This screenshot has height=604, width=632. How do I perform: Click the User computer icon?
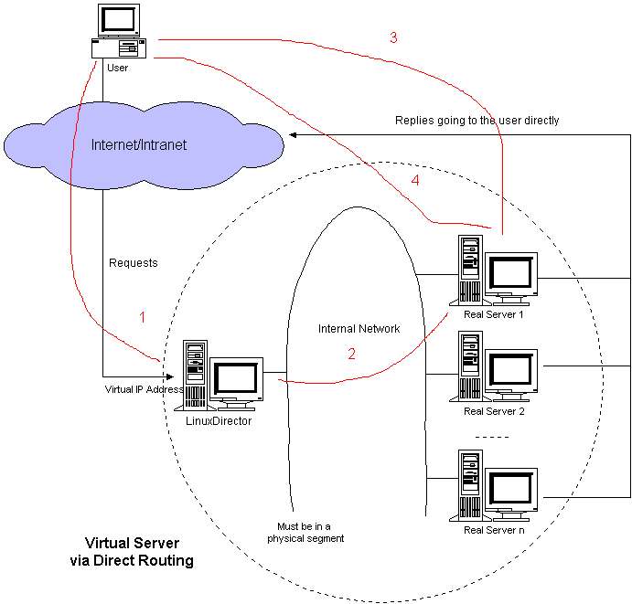coord(119,31)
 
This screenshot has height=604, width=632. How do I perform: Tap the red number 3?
coord(393,37)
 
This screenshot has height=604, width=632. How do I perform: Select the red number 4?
coord(415,180)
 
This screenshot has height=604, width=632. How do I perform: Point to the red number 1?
coord(143,317)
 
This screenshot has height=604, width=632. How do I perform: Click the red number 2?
coord(351,354)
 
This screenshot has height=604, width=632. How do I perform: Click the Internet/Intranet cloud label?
coord(139,145)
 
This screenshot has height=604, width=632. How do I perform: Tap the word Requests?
coord(134,263)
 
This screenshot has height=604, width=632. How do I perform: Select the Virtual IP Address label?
coord(144,389)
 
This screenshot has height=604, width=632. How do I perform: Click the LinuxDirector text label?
coord(219,420)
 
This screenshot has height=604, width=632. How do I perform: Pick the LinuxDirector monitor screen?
coord(236,379)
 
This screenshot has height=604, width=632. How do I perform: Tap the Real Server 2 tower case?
coord(470,366)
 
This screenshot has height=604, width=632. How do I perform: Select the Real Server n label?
coord(494,530)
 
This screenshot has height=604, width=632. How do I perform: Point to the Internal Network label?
coord(359,329)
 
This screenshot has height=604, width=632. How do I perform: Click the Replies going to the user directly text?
coord(477,121)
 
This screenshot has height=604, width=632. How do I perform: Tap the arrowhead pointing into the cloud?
coord(293,135)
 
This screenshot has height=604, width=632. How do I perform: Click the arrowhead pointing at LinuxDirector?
coord(170,376)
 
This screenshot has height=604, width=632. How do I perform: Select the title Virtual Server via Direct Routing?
coord(132,552)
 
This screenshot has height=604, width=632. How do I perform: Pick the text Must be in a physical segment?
coord(305,533)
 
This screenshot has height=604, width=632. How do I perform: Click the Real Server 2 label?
coord(494,411)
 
